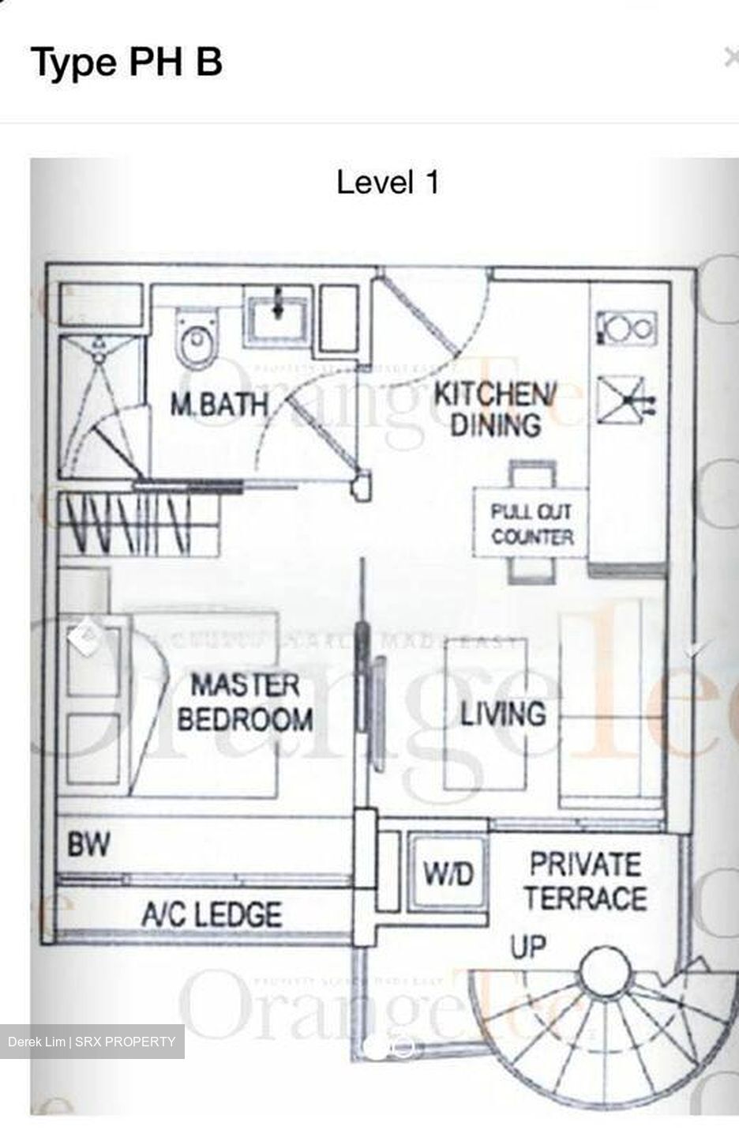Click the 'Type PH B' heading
coord(126,62)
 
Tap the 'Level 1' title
coord(387,183)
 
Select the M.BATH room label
coord(219,405)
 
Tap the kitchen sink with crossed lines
coord(623,399)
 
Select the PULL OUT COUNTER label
coord(531,525)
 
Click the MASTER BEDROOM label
coord(245,702)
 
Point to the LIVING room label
coord(503,714)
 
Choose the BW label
coord(88,846)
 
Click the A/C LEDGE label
coord(211,914)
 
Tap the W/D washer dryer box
coord(448,874)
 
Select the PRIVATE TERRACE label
coord(585,881)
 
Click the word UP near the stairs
coord(528,946)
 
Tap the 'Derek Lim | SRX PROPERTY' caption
coord(92,1042)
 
